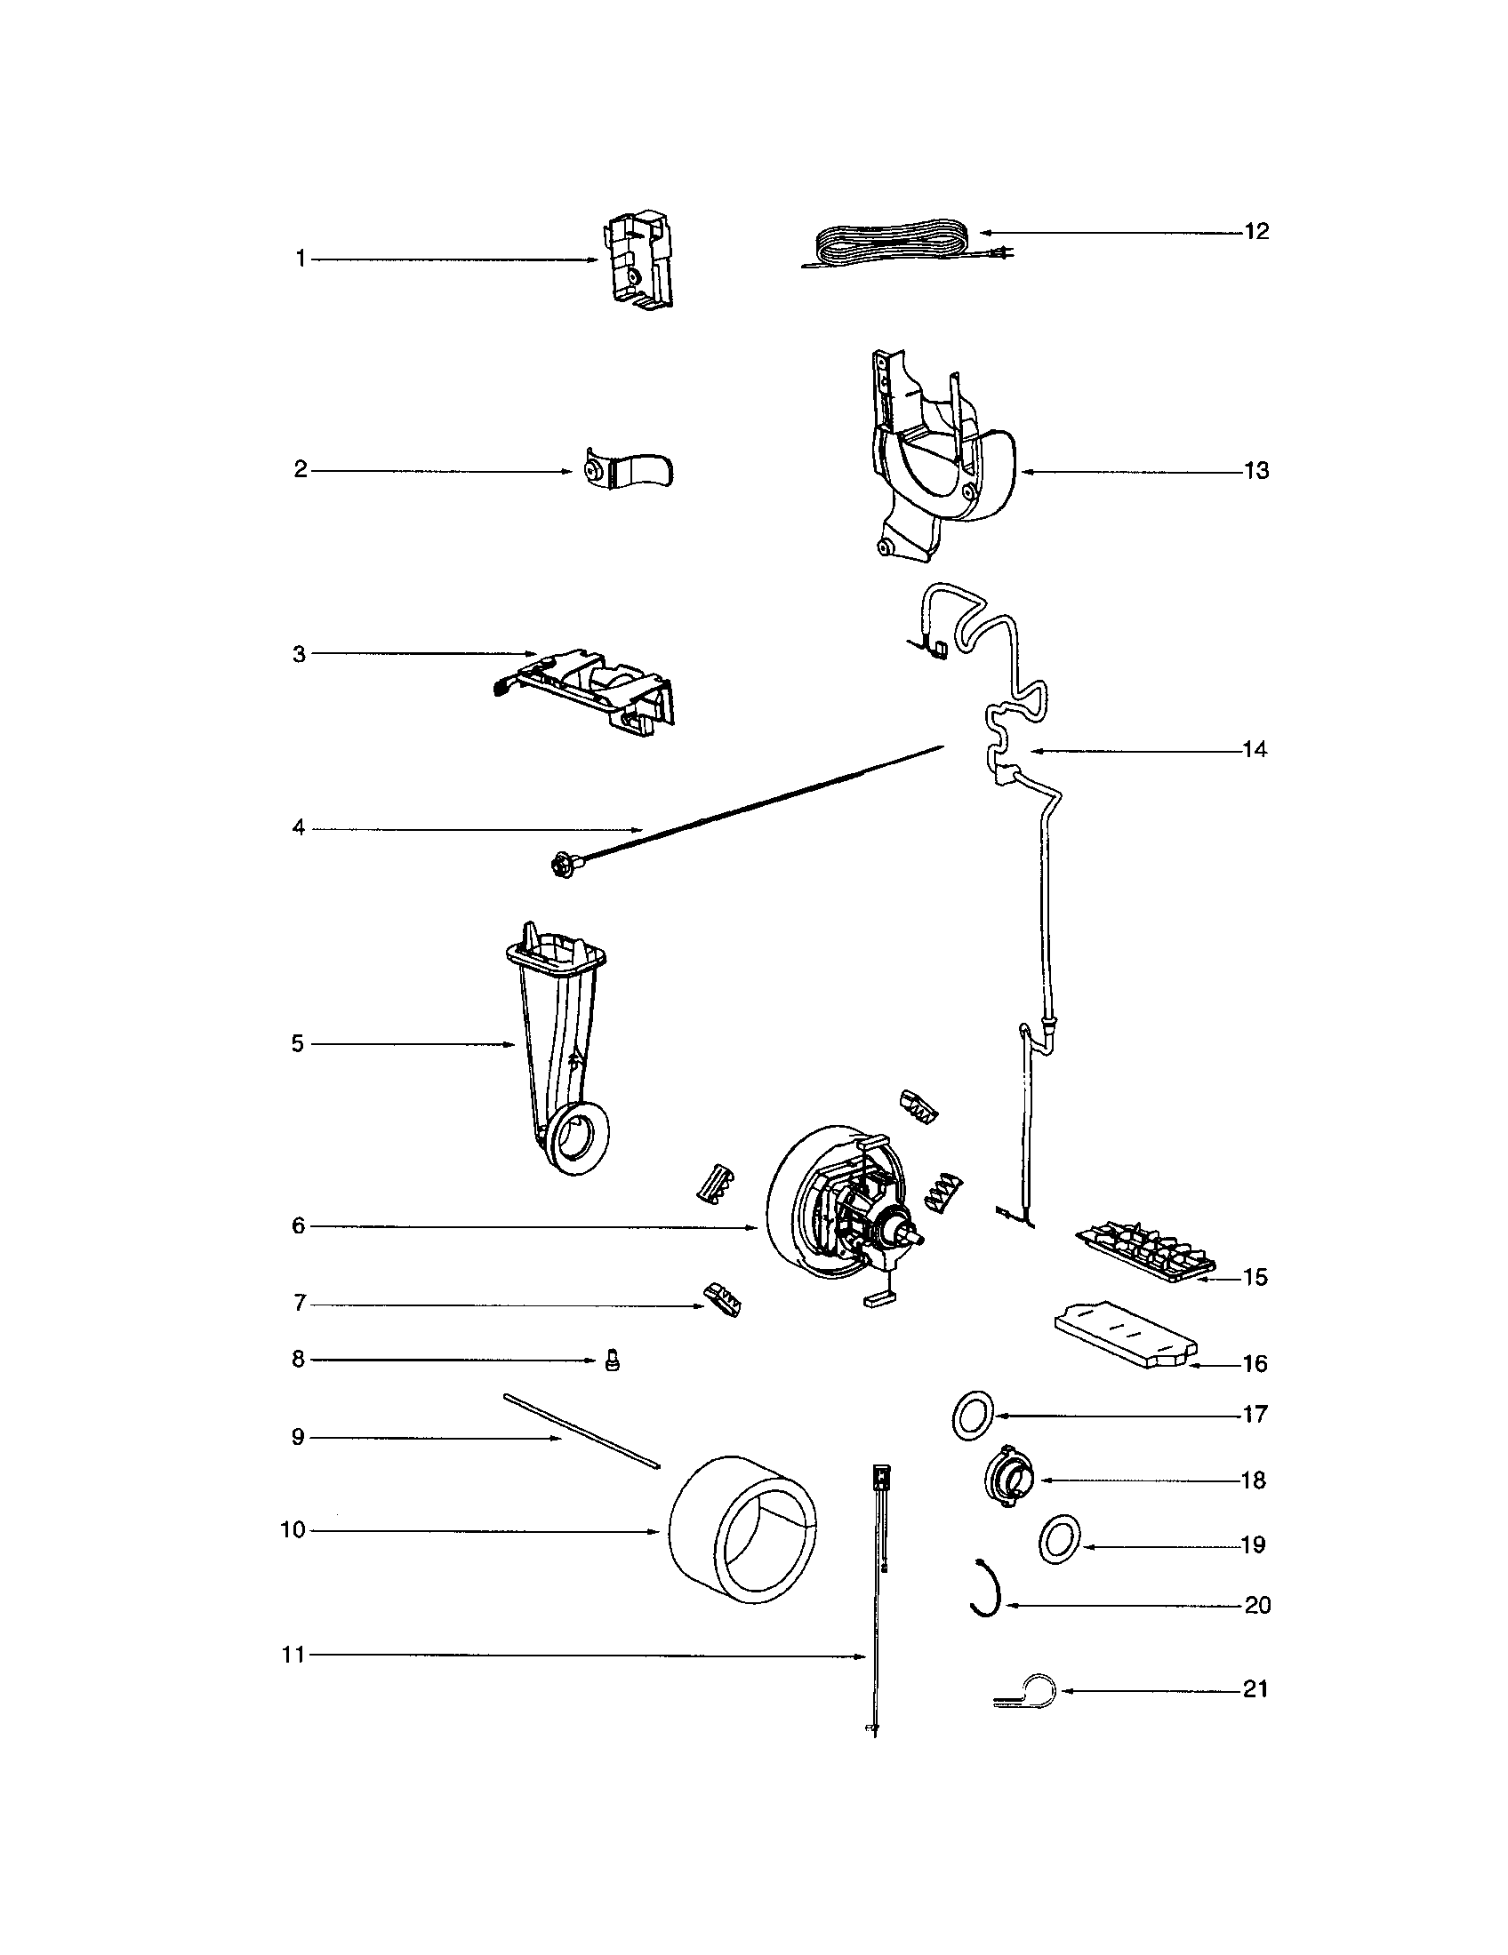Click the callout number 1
click(x=301, y=259)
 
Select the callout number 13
click(x=1256, y=471)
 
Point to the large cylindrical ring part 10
click(x=742, y=1530)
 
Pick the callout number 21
click(x=1255, y=1689)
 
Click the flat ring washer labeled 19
click(x=1058, y=1540)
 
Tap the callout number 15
click(x=1255, y=1277)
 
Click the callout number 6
click(x=298, y=1226)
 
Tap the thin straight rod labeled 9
click(x=582, y=1434)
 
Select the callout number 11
click(x=293, y=1656)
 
